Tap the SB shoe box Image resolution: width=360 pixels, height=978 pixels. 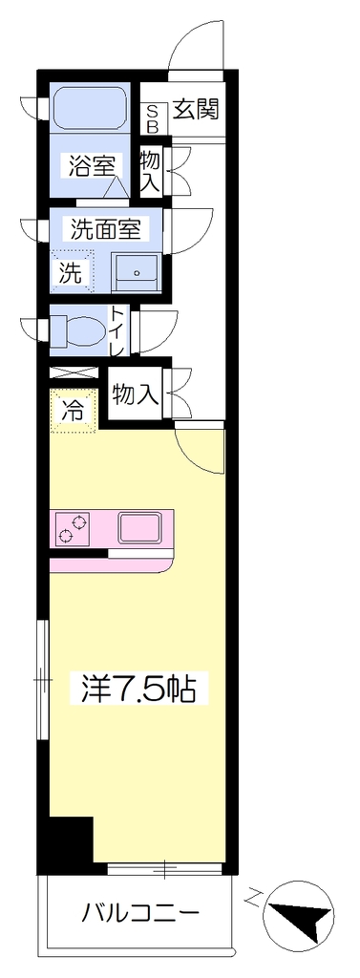click(x=153, y=118)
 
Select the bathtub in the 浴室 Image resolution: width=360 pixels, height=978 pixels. click(x=91, y=109)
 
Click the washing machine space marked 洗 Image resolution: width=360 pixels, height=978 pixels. click(x=73, y=272)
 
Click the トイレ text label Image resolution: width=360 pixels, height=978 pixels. click(x=117, y=331)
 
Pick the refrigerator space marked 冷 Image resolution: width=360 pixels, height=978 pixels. click(x=74, y=410)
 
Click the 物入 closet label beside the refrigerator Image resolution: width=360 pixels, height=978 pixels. click(x=136, y=394)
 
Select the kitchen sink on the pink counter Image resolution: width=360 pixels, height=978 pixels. click(x=141, y=527)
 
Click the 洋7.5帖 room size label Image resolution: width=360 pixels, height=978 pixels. click(x=139, y=687)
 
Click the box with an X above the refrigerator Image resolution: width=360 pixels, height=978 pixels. click(x=74, y=373)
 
